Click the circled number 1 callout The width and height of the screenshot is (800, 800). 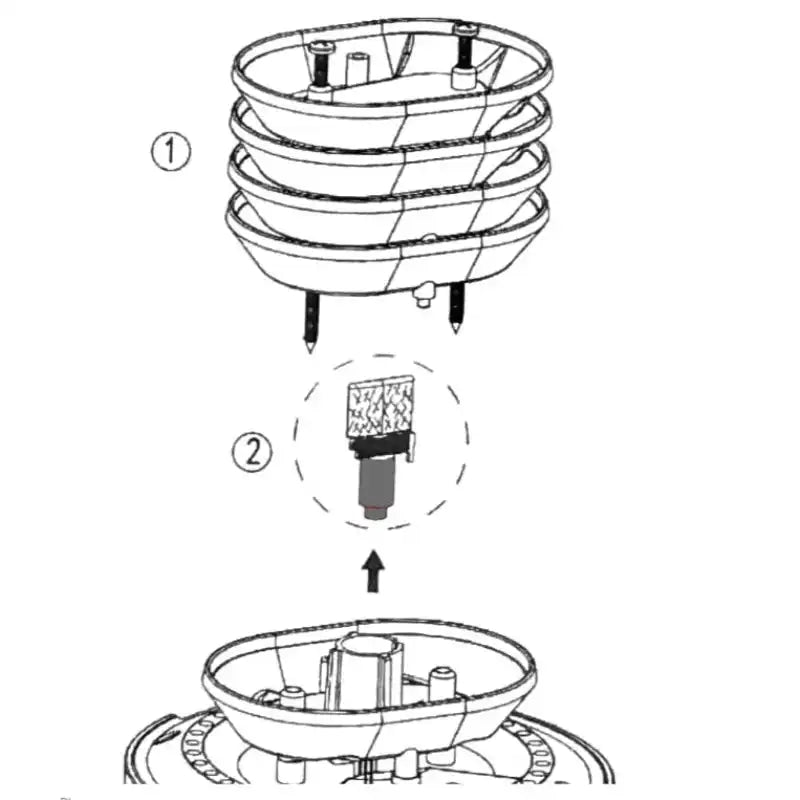pyautogui.click(x=171, y=152)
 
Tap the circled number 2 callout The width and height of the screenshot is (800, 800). pyautogui.click(x=252, y=452)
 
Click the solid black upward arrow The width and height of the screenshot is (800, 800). pyautogui.click(x=373, y=571)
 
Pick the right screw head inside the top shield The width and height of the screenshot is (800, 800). pyautogui.click(x=464, y=29)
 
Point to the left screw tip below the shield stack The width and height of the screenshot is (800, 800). pyautogui.click(x=310, y=347)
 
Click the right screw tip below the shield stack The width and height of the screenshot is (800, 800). pyautogui.click(x=456, y=328)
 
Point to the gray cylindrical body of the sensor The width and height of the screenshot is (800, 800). pyautogui.click(x=376, y=482)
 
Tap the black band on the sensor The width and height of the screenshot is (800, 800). pyautogui.click(x=379, y=447)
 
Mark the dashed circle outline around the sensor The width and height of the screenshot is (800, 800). pyautogui.click(x=295, y=441)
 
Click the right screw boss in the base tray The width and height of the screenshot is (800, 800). pyautogui.click(x=442, y=683)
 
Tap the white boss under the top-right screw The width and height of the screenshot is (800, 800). pyautogui.click(x=464, y=79)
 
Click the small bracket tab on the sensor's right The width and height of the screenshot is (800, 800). pyautogui.click(x=412, y=447)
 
